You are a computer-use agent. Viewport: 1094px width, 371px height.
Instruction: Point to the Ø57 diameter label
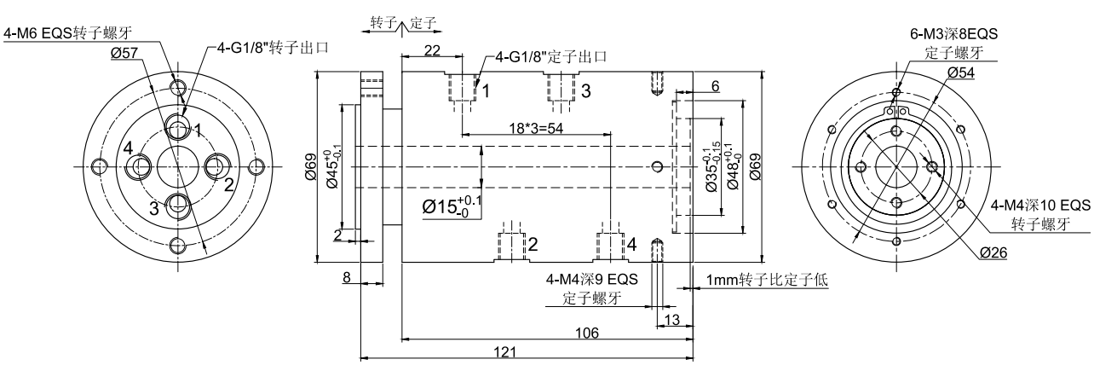tap(124, 52)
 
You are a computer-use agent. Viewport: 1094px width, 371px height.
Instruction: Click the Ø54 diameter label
tap(959, 72)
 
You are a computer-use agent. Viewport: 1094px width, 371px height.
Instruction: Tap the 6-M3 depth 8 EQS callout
tap(953, 34)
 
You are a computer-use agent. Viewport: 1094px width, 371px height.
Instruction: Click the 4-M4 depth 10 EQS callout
tap(1040, 206)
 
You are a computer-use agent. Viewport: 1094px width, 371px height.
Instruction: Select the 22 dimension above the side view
tap(431, 52)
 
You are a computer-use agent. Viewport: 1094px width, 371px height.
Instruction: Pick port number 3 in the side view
tap(585, 90)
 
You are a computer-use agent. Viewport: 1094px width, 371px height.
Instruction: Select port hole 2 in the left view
tap(216, 165)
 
